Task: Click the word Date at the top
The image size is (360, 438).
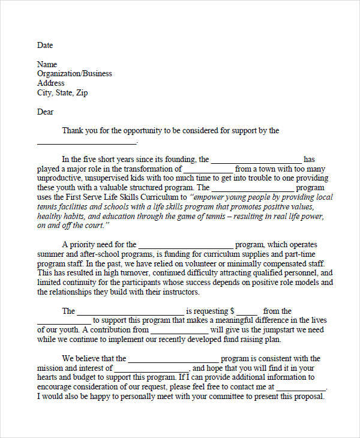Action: (45, 45)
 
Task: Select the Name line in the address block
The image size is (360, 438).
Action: (47, 64)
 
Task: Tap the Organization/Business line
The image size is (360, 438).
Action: (74, 74)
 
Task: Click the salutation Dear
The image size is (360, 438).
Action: (46, 112)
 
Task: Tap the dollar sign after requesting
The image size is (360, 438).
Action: (233, 311)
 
